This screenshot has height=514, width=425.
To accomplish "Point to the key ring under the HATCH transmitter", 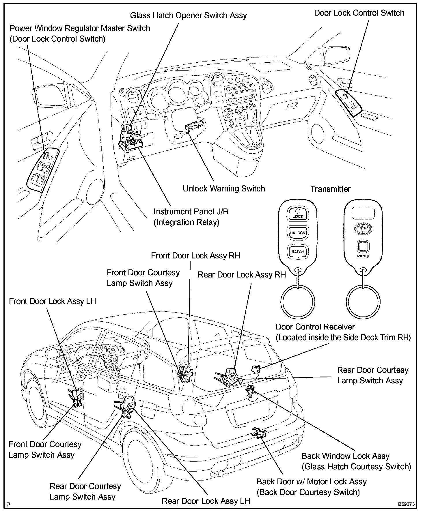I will pos(298,301).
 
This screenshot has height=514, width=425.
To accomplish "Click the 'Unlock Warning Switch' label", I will pos(224,189).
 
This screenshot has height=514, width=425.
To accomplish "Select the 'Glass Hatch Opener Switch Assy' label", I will pos(188,15).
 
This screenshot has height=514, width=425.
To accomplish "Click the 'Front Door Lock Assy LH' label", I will pos(52,301).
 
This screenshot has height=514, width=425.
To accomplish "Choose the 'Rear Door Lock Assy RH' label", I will pos(241,275).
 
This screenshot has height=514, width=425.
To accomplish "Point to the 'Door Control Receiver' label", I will pos(315,327).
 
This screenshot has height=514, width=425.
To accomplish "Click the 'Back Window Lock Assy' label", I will pos(346,456).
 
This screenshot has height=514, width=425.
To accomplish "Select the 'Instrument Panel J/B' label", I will pos(191,212).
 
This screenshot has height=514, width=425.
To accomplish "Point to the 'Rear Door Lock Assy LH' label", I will pos(206,501).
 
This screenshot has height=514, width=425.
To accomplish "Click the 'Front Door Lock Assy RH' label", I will pos(195,256).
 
